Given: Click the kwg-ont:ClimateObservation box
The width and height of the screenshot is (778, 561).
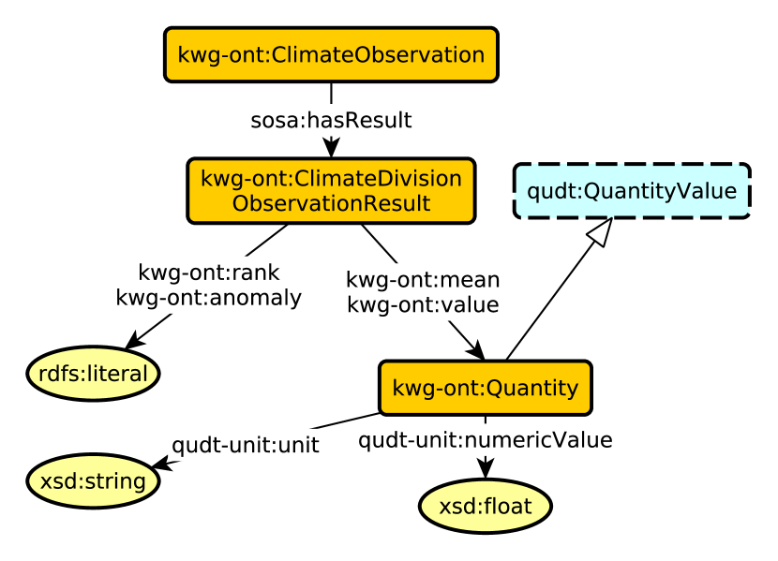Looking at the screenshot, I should (x=331, y=54).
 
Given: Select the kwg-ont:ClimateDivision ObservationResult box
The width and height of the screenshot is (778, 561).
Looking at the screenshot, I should (x=331, y=190).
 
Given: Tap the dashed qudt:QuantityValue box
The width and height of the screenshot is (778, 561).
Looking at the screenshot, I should (x=632, y=191).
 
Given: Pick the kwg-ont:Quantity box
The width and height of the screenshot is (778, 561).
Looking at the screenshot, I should (x=485, y=387).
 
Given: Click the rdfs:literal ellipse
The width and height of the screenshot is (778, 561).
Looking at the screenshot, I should (x=93, y=374).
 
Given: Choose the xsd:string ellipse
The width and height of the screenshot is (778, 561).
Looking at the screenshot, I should (x=93, y=481).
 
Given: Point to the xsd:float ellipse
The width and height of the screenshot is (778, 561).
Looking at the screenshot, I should (x=485, y=507).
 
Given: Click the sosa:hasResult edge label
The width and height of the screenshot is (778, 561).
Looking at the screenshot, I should (x=331, y=121).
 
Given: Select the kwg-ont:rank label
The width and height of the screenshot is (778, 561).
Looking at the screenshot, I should (x=208, y=273).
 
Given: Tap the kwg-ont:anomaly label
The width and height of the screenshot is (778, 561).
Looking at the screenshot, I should (x=208, y=298).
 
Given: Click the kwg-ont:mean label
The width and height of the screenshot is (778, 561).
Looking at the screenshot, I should (x=423, y=279).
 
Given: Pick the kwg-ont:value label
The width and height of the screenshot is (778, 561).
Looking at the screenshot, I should (x=423, y=304).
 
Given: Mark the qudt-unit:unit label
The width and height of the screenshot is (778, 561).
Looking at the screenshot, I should (x=245, y=445).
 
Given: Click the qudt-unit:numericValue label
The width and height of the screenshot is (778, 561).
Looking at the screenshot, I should (x=485, y=439).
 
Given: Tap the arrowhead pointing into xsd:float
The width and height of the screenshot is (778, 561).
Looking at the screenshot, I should (x=485, y=469).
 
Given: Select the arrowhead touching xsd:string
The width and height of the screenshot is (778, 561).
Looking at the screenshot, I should (x=160, y=464).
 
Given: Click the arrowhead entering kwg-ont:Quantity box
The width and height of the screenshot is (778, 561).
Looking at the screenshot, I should (x=474, y=349).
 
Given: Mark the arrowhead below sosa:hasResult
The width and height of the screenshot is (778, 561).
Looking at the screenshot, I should (x=331, y=148).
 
